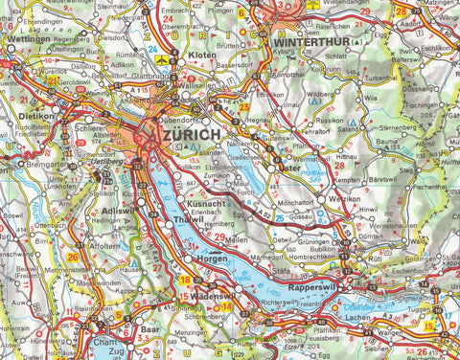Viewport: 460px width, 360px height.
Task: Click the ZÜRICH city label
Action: click(x=193, y=136)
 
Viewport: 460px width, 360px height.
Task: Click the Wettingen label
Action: click(x=28, y=42)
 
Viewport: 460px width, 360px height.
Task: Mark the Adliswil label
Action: click(x=120, y=209)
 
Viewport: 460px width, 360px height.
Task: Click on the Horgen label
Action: click(x=210, y=259)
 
